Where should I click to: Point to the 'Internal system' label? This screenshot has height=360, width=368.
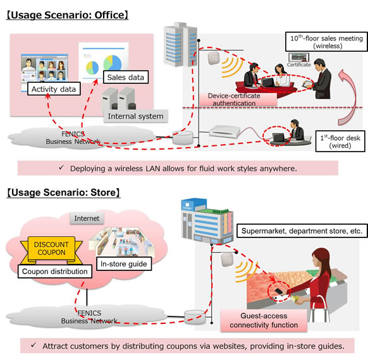pyautogui.click(x=135, y=116)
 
